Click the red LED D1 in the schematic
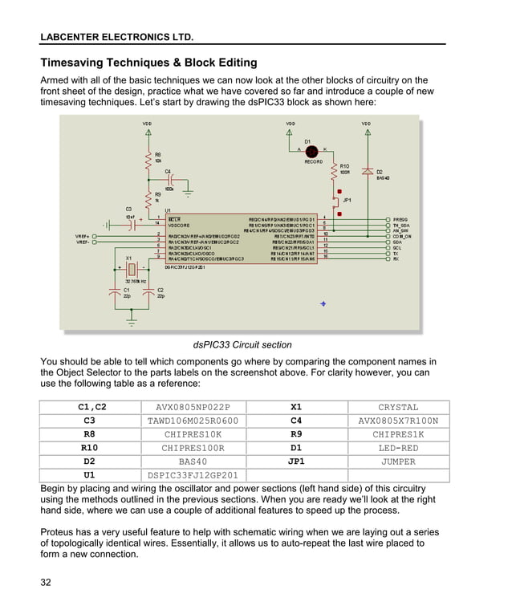coord(312,151)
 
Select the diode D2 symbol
coord(367,172)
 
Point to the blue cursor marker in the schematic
coord(323,303)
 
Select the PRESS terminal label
coord(400,219)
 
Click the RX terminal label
coord(396,258)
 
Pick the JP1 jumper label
coord(347,200)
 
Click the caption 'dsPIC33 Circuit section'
coord(242,345)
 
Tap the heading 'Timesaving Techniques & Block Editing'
coord(148,63)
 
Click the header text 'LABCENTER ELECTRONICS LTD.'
coord(116,37)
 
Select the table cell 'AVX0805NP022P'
coord(193,407)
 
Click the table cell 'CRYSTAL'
coord(398,407)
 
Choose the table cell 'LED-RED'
coord(398,448)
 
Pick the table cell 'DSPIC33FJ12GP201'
coord(193,475)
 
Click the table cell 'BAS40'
coord(193,462)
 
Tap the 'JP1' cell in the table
coord(296,462)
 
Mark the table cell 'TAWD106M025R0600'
coord(193,421)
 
